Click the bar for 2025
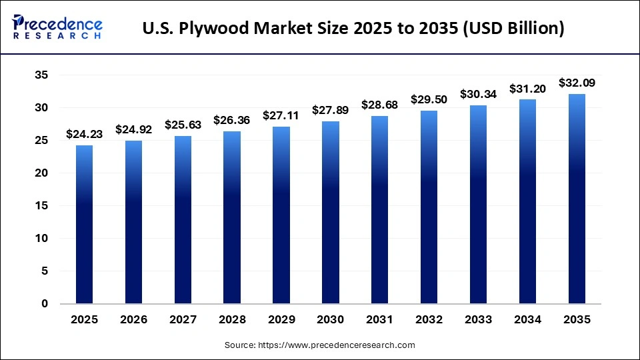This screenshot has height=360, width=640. [x=84, y=225]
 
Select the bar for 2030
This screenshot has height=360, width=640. [x=331, y=213]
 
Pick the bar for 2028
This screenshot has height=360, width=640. [x=232, y=217]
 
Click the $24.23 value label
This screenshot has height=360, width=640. [x=84, y=135]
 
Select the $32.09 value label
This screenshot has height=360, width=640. [x=577, y=83]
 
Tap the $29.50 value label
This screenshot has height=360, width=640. [x=429, y=100]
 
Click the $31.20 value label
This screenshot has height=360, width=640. [x=527, y=89]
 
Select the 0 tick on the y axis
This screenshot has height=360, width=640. [x=45, y=304]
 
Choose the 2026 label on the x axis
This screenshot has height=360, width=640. [x=133, y=320]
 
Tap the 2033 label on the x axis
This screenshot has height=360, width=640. [x=478, y=320]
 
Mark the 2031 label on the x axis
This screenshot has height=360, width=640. [x=380, y=320]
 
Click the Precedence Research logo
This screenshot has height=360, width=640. [x=57, y=27]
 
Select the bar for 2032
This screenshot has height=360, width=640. [x=429, y=207]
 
